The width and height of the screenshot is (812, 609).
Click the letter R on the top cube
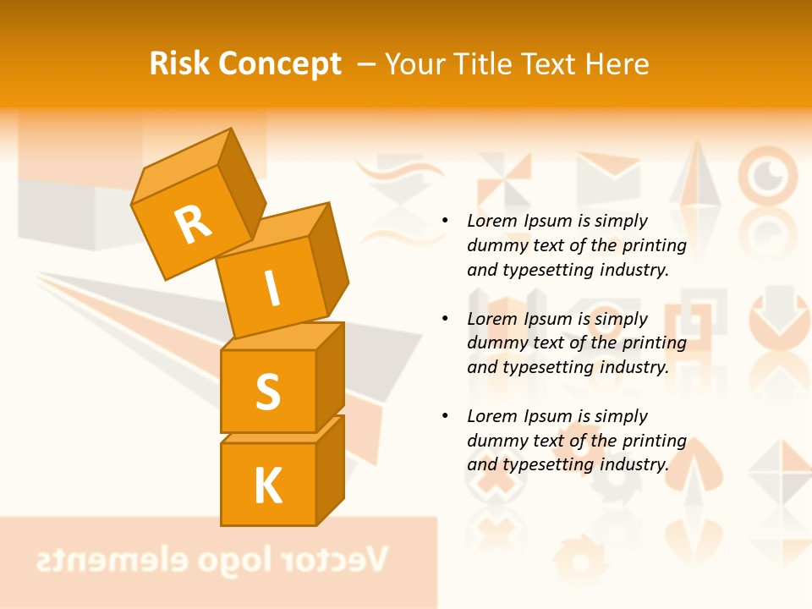193,224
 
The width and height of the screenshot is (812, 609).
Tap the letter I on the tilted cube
272,290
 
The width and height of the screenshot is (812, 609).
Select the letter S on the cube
267,391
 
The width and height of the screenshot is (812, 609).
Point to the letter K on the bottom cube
267,486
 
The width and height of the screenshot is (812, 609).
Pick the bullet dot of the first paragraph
444,221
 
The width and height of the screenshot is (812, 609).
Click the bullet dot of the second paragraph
444,319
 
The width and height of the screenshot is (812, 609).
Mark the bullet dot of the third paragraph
444,416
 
